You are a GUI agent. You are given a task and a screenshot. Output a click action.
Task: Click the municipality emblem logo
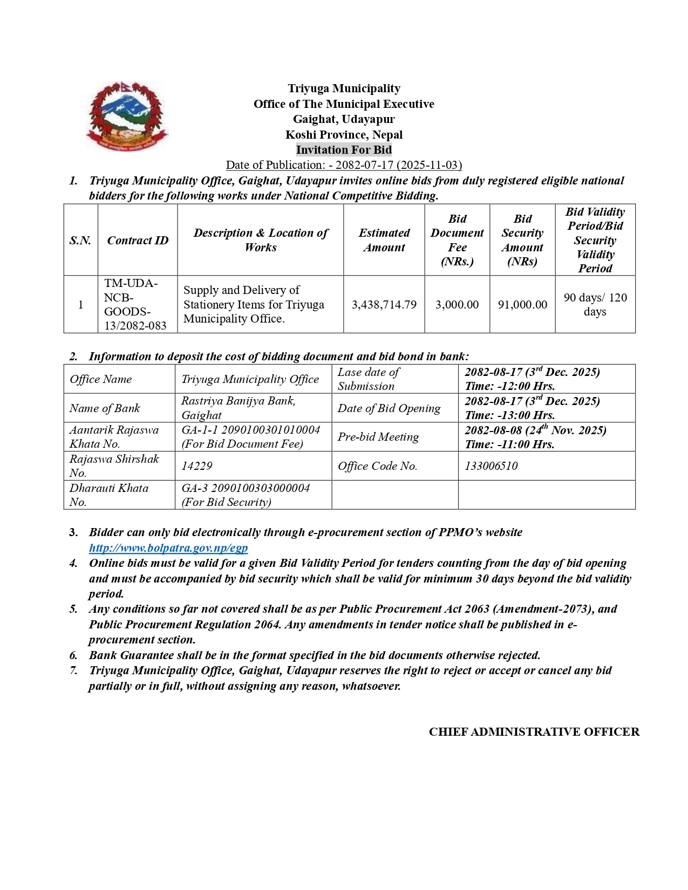[x=127, y=117]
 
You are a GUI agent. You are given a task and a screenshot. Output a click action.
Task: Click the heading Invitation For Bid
[x=344, y=150]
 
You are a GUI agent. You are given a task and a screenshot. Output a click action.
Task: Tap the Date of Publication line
[x=344, y=165]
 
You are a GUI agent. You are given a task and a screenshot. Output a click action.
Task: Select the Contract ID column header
[x=138, y=241]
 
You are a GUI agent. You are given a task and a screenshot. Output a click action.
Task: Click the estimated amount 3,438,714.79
[x=384, y=305]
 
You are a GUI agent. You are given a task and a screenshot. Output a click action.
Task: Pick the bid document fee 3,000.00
[x=457, y=305]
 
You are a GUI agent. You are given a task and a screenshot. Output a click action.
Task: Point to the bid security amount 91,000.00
[x=522, y=305]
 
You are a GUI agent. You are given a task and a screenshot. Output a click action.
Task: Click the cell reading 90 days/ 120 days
[x=595, y=305]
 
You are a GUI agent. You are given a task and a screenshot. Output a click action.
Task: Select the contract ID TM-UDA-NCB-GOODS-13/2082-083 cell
[x=135, y=305]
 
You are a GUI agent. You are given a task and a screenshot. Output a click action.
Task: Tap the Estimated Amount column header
[x=384, y=241]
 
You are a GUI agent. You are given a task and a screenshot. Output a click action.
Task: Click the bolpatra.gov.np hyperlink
[x=168, y=548]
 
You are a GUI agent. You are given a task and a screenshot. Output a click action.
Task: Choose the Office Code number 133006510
[x=491, y=466]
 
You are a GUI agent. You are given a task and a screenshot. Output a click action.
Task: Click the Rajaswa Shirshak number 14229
[x=197, y=466]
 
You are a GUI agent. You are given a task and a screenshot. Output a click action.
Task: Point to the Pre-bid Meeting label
[x=378, y=437]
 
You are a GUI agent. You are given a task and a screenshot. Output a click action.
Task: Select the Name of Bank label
[x=105, y=408]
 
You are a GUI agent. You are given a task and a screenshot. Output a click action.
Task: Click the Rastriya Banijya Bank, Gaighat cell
[x=239, y=408]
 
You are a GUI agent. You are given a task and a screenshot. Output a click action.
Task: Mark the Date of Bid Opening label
[x=389, y=408]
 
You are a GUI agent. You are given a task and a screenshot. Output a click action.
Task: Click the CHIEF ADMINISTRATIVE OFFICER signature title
[x=534, y=732]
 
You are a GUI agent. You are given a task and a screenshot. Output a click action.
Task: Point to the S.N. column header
[x=80, y=241]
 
